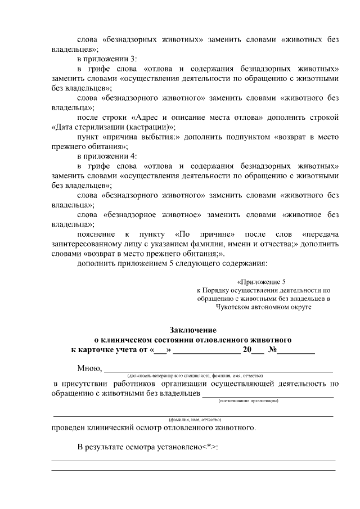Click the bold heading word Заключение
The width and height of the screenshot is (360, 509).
pyautogui.click(x=193, y=330)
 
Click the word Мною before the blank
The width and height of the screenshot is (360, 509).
pyautogui.click(x=89, y=368)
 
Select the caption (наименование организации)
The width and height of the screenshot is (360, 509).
pyautogui.click(x=248, y=400)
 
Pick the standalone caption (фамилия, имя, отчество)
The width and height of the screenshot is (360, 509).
pyautogui.click(x=195, y=420)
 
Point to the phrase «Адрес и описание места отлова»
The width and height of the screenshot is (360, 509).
pyautogui.click(x=191, y=117)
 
